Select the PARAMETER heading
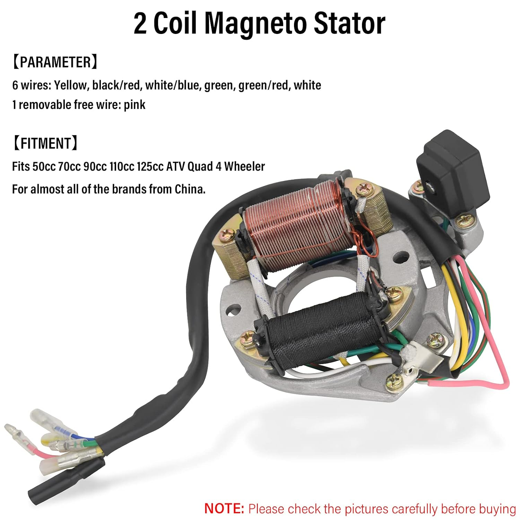click(x=55, y=62)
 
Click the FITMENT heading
click(x=45, y=144)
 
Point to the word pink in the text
click(x=135, y=105)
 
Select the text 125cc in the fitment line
click(x=150, y=167)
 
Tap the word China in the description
click(x=189, y=189)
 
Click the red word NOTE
click(x=224, y=509)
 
